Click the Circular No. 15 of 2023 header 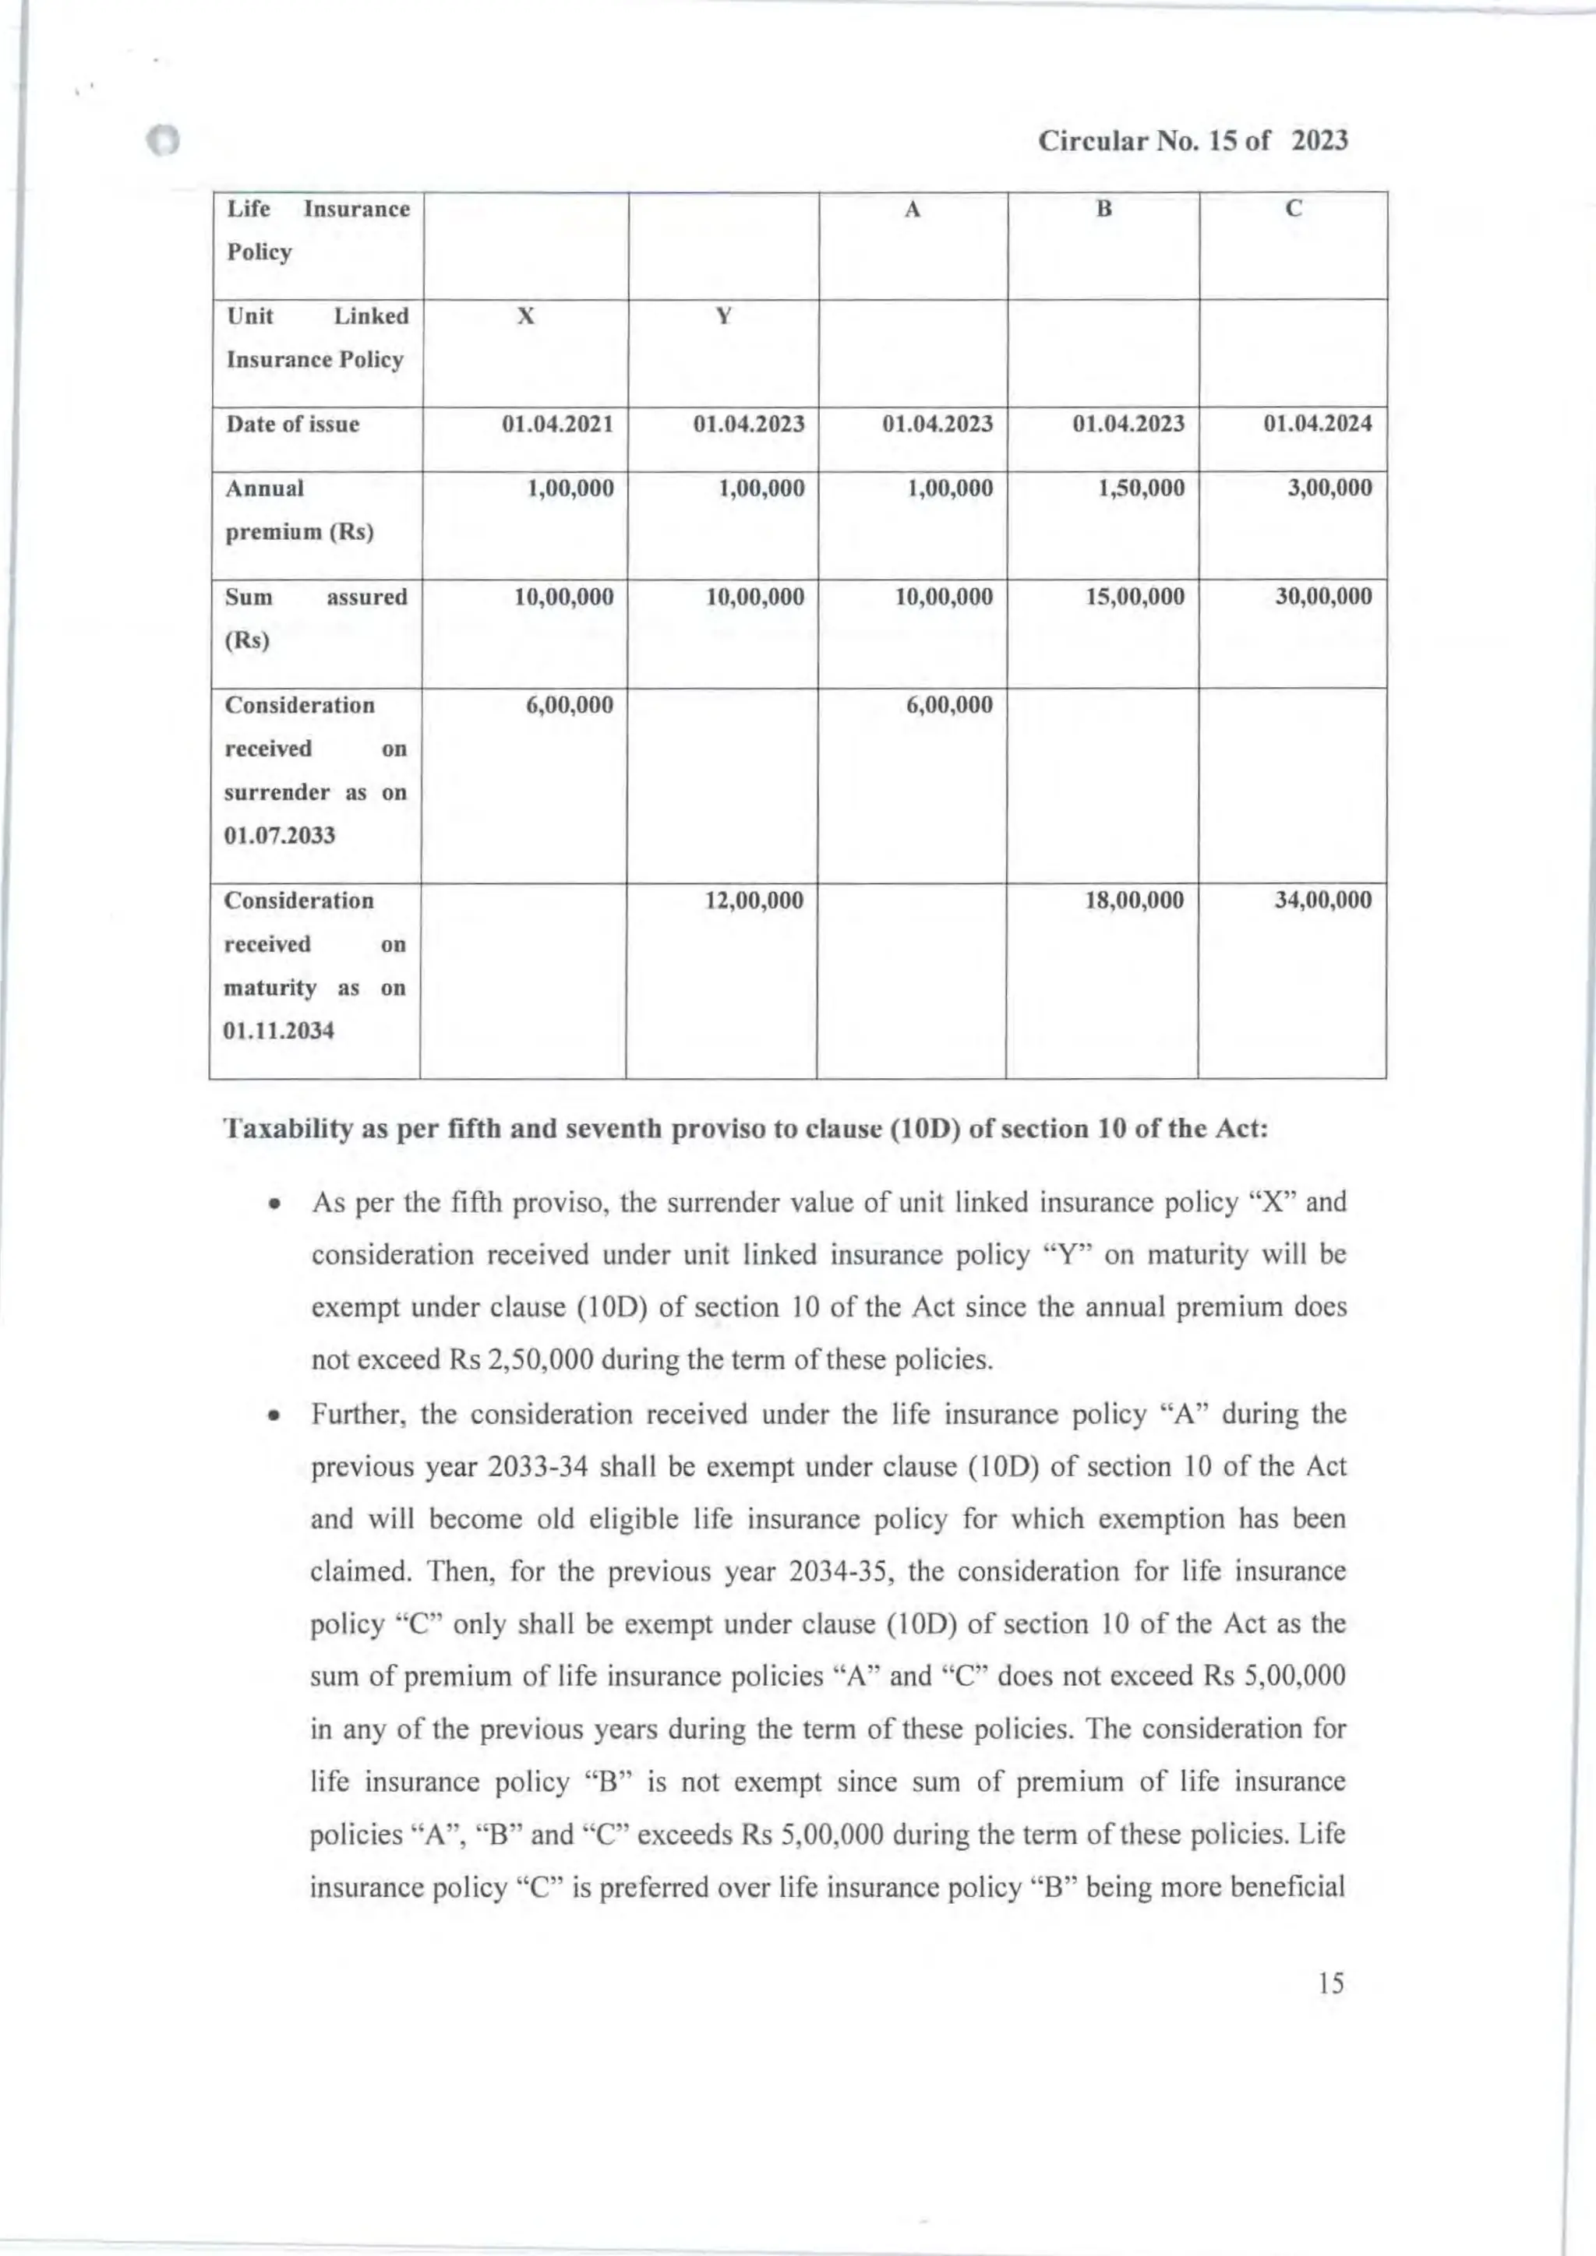1193,142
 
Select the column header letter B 1103,210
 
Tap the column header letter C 1294,210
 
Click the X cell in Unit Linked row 526,316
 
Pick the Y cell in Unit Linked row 723,316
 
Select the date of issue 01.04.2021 557,425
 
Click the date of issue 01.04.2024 1317,425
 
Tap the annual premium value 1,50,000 1141,488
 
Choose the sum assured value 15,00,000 1135,597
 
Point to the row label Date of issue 293,425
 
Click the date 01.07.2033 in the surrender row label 280,836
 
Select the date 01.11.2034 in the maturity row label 279,1031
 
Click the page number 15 1331,1983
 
